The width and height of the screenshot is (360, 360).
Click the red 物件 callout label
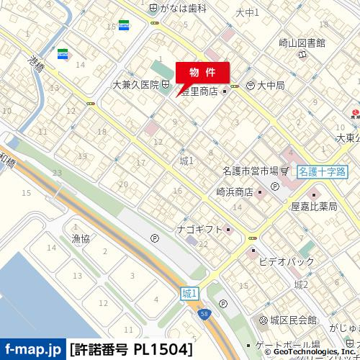[202, 73]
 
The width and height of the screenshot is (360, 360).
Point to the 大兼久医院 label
[135, 85]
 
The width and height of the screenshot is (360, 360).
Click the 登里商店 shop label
[199, 91]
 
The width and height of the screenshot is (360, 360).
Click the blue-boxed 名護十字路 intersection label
[321, 171]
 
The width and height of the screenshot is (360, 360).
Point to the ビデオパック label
[287, 256]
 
